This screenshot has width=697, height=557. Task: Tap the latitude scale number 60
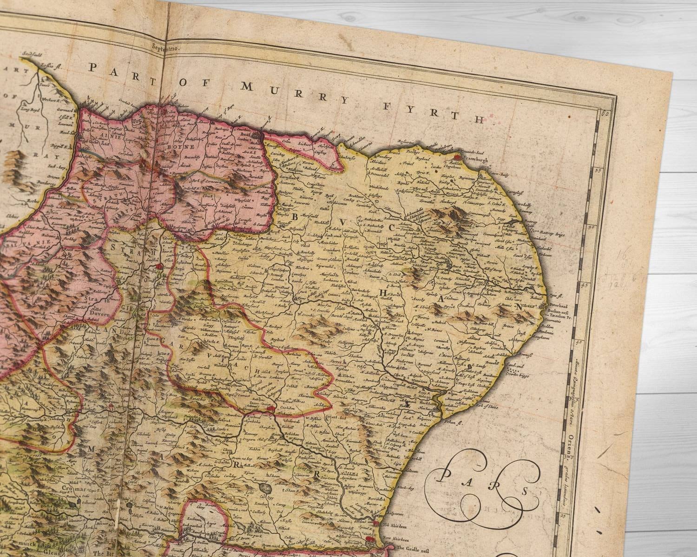pyautogui.click(x=605, y=113)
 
